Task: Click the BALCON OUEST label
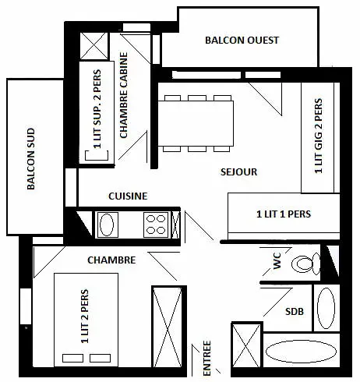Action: tap(242, 41)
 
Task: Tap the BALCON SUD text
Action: tap(31, 159)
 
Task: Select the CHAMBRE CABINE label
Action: tap(124, 95)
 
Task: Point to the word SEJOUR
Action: tap(238, 172)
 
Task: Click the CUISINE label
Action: tap(128, 196)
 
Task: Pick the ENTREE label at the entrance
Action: tap(207, 358)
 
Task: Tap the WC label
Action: tap(277, 260)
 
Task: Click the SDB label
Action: tap(295, 311)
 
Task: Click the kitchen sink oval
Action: tap(107, 225)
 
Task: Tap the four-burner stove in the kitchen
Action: tap(156, 225)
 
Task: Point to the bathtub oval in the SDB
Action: tap(301, 351)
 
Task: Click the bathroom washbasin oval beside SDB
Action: tap(326, 308)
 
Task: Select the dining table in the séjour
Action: tap(196, 123)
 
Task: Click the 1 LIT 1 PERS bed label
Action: tap(284, 214)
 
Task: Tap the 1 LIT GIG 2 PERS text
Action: tap(319, 136)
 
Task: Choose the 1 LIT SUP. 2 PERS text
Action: tap(97, 109)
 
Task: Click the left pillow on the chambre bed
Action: tap(73, 358)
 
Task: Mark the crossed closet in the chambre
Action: tap(168, 327)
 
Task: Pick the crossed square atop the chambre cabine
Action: tap(94, 46)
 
